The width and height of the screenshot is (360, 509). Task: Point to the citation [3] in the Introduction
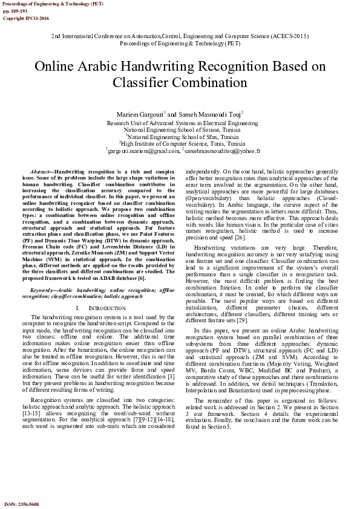pos(171,360)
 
